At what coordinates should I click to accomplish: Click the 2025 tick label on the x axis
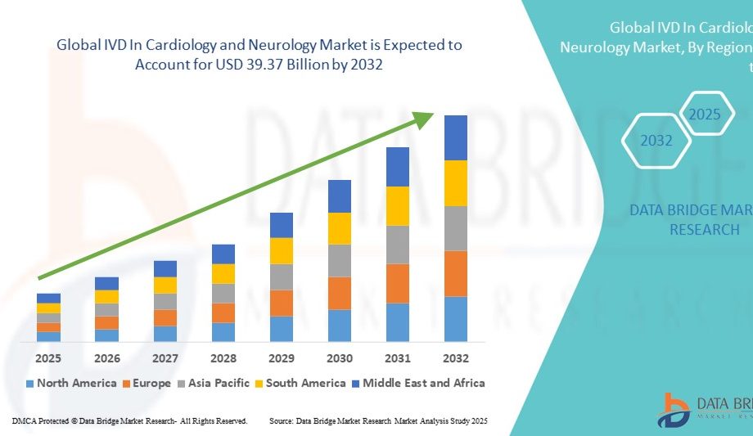(48, 358)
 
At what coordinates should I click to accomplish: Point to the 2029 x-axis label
(282, 358)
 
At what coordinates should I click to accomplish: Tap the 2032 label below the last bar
(456, 358)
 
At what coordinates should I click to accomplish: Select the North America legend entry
(71, 383)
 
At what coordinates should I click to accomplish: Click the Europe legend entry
(147, 383)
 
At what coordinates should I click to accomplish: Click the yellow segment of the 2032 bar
(456, 183)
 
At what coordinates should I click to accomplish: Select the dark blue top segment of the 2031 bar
(398, 167)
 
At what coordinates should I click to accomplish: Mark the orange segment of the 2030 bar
(340, 293)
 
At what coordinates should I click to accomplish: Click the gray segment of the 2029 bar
(282, 276)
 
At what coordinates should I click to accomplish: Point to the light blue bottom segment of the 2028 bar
(223, 331)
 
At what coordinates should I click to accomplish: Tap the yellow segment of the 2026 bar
(106, 297)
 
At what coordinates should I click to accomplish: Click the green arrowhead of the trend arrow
(424, 119)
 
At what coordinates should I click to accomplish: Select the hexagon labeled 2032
(656, 141)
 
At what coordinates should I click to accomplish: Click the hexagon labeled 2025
(704, 115)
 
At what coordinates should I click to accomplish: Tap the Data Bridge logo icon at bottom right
(673, 408)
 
